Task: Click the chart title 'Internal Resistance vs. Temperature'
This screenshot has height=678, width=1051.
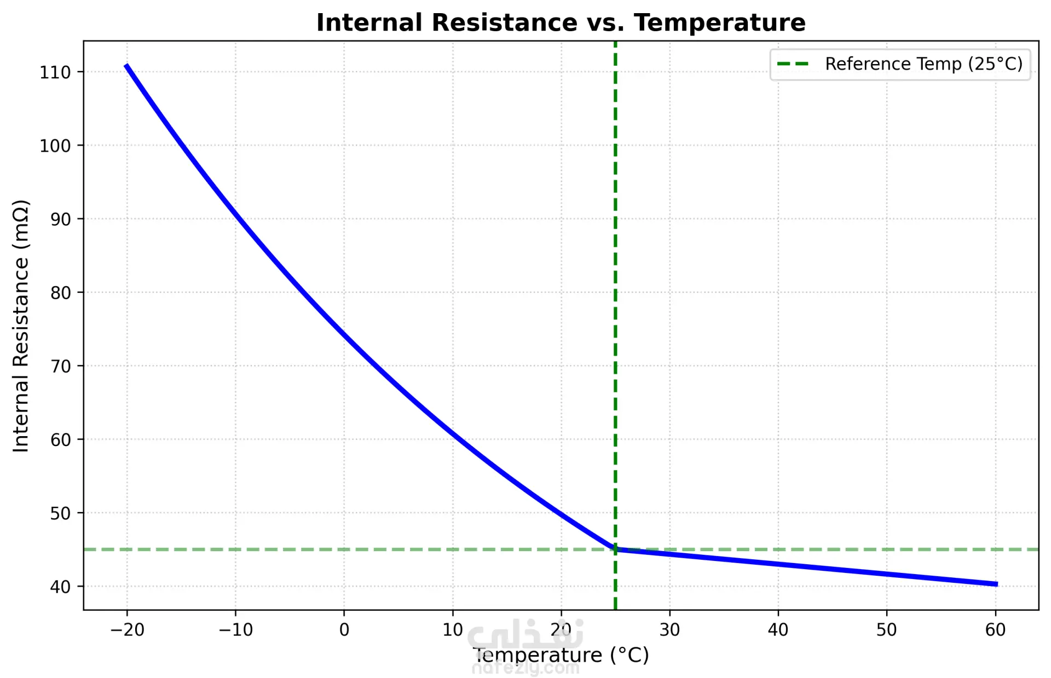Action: [x=561, y=23]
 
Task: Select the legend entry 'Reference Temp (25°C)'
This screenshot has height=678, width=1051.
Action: [x=923, y=64]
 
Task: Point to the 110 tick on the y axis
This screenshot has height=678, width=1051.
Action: [x=55, y=72]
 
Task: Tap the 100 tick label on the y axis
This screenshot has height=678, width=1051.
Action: [x=55, y=146]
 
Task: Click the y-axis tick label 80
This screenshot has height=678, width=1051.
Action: [x=60, y=293]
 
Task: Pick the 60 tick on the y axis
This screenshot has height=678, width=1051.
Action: [x=60, y=440]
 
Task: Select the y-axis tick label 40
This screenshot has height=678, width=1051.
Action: [x=60, y=587]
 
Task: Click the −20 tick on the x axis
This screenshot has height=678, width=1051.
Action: [x=127, y=630]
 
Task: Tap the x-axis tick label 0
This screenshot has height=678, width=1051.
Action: [x=344, y=630]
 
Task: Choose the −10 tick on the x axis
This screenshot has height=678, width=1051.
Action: [x=235, y=630]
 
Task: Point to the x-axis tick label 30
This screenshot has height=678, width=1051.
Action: [x=669, y=630]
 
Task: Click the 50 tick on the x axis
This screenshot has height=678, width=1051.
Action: [x=886, y=630]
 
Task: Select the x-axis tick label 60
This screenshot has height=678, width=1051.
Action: [x=995, y=630]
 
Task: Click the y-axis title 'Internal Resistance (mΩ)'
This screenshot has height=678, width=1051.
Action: [x=21, y=326]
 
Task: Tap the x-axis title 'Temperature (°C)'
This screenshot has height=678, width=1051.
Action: [x=561, y=655]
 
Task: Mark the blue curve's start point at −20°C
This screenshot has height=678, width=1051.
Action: [x=126, y=65]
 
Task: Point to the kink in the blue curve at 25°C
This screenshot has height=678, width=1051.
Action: [x=615, y=549]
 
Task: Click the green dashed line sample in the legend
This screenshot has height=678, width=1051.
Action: [x=793, y=64]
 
